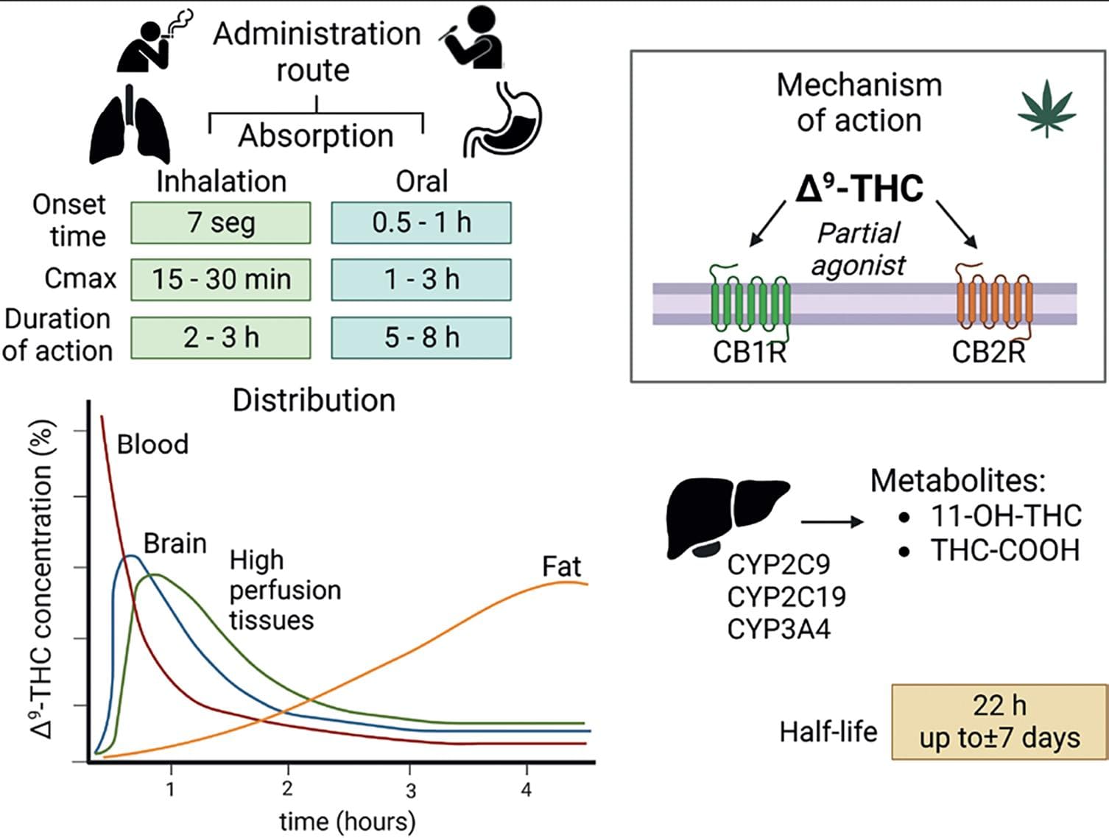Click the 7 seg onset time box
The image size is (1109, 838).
pos(221,222)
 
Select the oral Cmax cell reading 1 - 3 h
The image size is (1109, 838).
pos(421,280)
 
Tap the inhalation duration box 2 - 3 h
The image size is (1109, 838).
pos(221,338)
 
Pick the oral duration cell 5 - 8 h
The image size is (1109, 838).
pos(421,338)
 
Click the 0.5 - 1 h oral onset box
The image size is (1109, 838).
pos(421,222)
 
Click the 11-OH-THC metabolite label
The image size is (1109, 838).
pos(1006,515)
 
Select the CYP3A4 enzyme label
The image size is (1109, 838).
pos(778,630)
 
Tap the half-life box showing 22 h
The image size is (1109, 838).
pos(999,722)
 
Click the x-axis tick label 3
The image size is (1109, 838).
pos(411,791)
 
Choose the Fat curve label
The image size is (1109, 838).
pos(561,566)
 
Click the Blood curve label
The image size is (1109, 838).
pos(152,444)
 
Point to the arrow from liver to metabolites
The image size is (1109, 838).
pos(831,522)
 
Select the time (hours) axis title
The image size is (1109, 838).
pos(347,821)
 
